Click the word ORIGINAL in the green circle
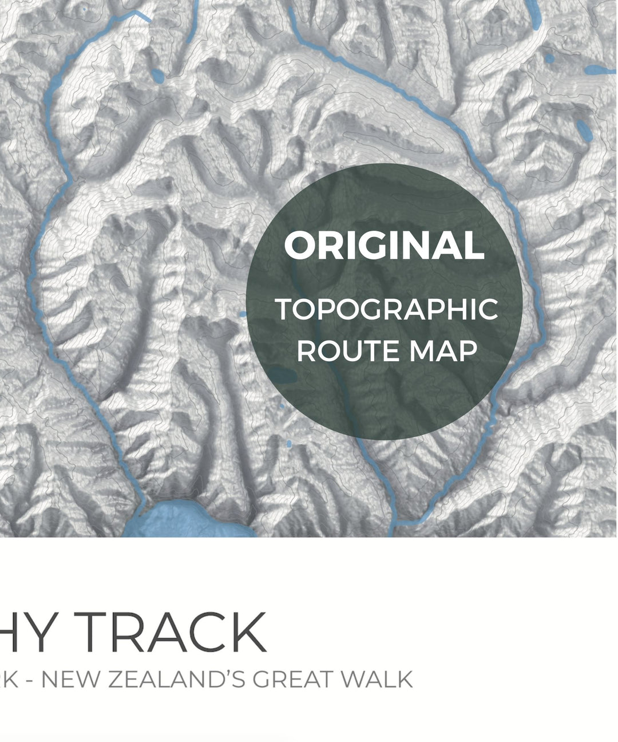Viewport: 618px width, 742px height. (x=384, y=246)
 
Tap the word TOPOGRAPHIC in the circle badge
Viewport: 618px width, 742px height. (x=387, y=310)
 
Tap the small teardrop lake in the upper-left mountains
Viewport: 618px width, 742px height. (x=157, y=76)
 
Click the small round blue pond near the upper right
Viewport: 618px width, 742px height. (x=549, y=58)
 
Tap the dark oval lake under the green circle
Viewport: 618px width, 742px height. (x=282, y=375)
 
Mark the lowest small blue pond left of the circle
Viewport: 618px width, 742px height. (x=288, y=444)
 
